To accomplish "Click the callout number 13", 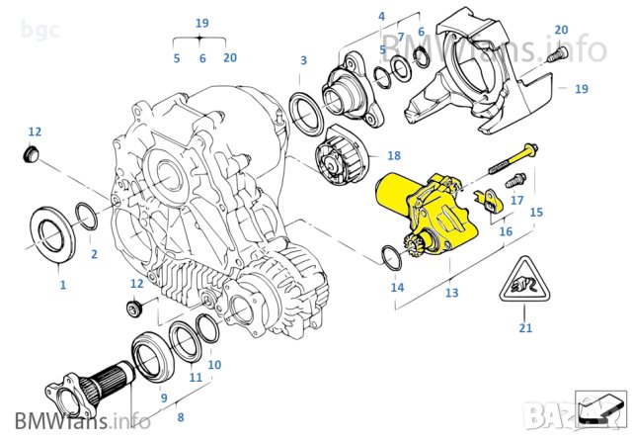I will point(452,294).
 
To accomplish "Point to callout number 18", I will point(394,156).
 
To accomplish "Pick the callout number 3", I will point(304,61).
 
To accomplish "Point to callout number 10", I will point(214,365).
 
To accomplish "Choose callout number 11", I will point(196,377).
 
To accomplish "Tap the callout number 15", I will point(536,213).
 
